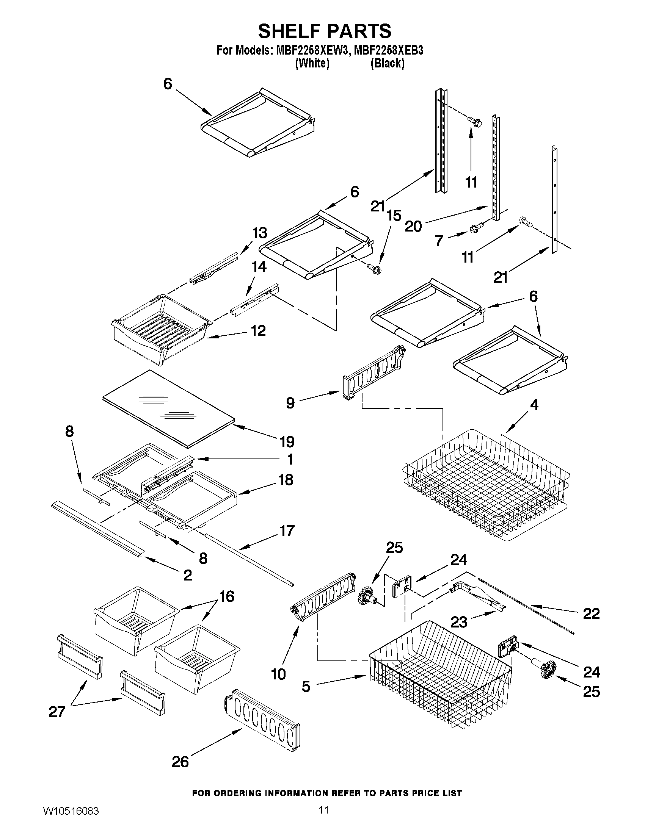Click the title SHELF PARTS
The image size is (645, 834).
coord(325,31)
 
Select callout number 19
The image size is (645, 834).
coord(287,442)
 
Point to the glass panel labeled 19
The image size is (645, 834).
coord(168,407)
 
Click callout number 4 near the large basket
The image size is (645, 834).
coord(534,405)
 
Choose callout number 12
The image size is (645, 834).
coord(258,331)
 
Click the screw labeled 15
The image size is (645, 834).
coord(374,268)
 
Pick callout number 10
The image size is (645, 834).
coord(278,674)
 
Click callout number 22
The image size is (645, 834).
coord(591,614)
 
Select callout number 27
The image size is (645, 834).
coord(57,712)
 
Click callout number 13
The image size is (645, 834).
coord(259,233)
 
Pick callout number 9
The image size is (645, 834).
coord(290,402)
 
